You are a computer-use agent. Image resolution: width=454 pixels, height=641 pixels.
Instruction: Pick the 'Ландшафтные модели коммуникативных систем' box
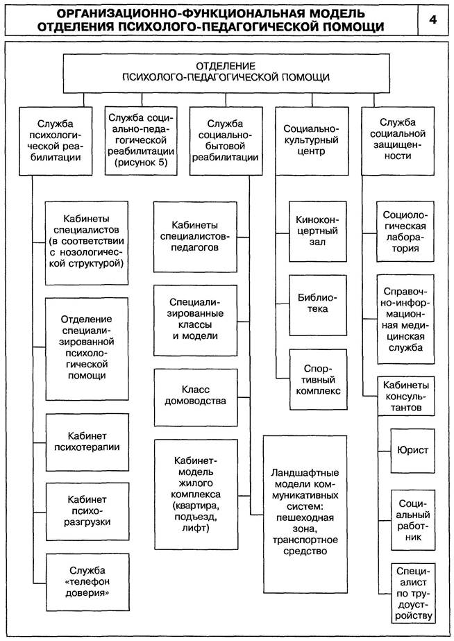pyautogui.click(x=305, y=512)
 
